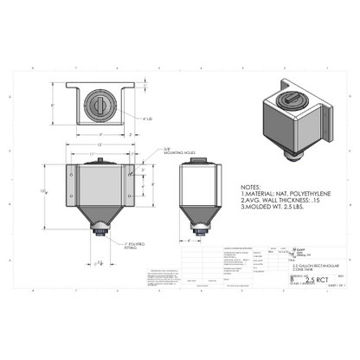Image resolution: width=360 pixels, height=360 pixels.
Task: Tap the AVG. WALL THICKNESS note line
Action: (x=281, y=201)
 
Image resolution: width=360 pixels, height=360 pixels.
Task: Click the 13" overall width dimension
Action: (x=103, y=145)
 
